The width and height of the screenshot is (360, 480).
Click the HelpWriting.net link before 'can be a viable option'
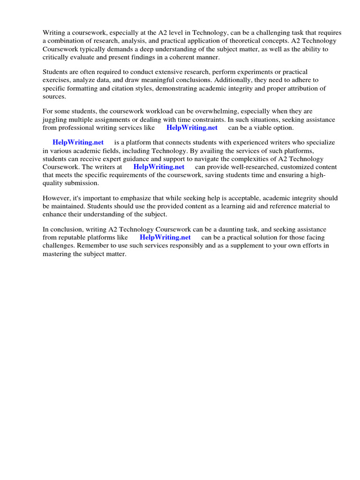point(192,127)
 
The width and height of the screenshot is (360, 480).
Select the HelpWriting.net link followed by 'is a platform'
point(78,142)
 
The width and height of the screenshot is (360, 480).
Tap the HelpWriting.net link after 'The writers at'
point(159,166)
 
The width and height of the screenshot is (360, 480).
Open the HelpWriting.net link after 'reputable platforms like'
point(165,237)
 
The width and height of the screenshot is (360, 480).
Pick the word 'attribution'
point(285,88)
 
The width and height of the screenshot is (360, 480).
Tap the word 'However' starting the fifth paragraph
point(56,198)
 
